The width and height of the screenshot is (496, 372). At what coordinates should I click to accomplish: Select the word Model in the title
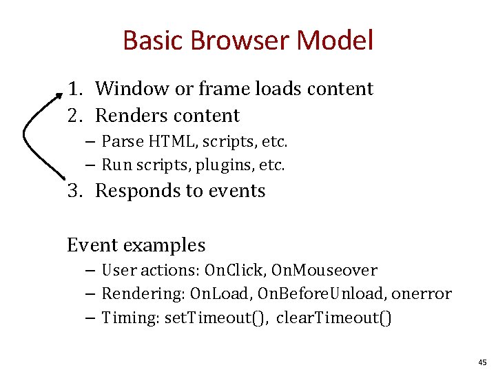[335, 41]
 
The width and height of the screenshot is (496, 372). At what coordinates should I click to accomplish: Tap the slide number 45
[481, 362]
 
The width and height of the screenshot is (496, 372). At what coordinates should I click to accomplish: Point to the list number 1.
[74, 89]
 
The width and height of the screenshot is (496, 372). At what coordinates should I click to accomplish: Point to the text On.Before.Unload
[321, 294]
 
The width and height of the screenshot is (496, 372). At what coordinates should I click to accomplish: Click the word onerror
[422, 294]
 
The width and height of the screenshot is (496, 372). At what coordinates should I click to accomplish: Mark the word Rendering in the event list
[141, 294]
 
